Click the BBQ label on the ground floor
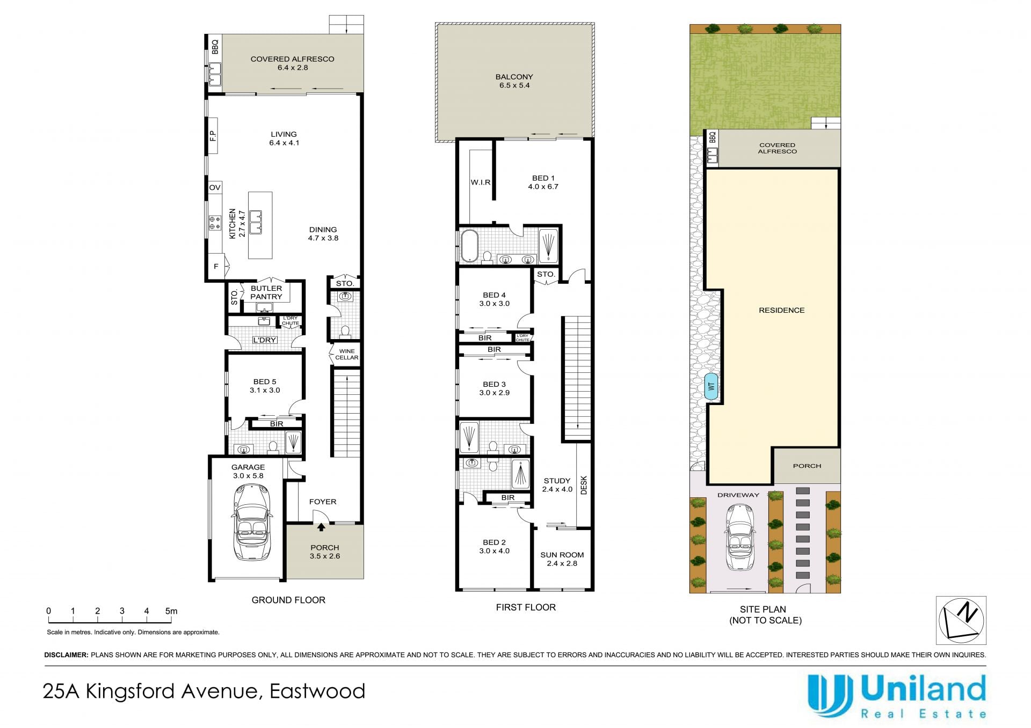tap(215, 47)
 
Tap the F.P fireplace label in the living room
tap(213, 136)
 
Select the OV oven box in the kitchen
tap(215, 187)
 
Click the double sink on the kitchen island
tap(256, 222)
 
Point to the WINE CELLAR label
tap(346, 354)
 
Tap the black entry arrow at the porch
tap(321, 527)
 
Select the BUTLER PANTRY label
tap(266, 292)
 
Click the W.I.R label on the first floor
tap(481, 182)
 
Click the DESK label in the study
tap(584, 485)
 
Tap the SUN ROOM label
tap(562, 555)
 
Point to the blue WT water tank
tap(711, 386)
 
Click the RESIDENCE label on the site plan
tap(781, 310)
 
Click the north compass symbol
tap(961, 620)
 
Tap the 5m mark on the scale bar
tap(171, 611)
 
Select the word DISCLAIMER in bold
tap(66, 655)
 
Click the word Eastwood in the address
tap(317, 691)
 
